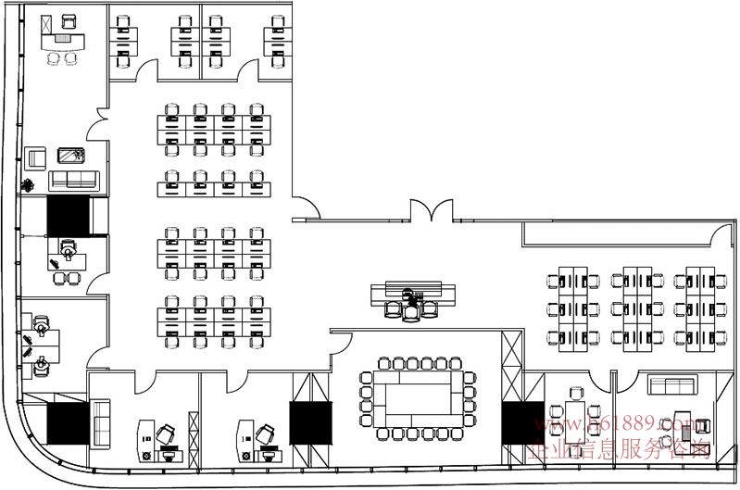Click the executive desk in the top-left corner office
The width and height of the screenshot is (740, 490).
pyautogui.click(x=63, y=40)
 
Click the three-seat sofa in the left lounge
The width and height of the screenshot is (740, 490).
pyautogui.click(x=74, y=179)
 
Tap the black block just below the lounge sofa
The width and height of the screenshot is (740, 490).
pyautogui.click(x=67, y=215)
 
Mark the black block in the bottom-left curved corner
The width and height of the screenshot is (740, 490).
pyautogui.click(x=67, y=424)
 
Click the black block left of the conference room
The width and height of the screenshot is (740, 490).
pyautogui.click(x=310, y=423)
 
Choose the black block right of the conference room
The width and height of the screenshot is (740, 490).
pyautogui.click(x=523, y=422)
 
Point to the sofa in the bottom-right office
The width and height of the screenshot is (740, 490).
pyautogui.click(x=670, y=384)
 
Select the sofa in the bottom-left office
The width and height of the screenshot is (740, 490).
pyautogui.click(x=99, y=421)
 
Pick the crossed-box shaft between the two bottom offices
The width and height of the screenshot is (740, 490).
pyautogui.click(x=193, y=434)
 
